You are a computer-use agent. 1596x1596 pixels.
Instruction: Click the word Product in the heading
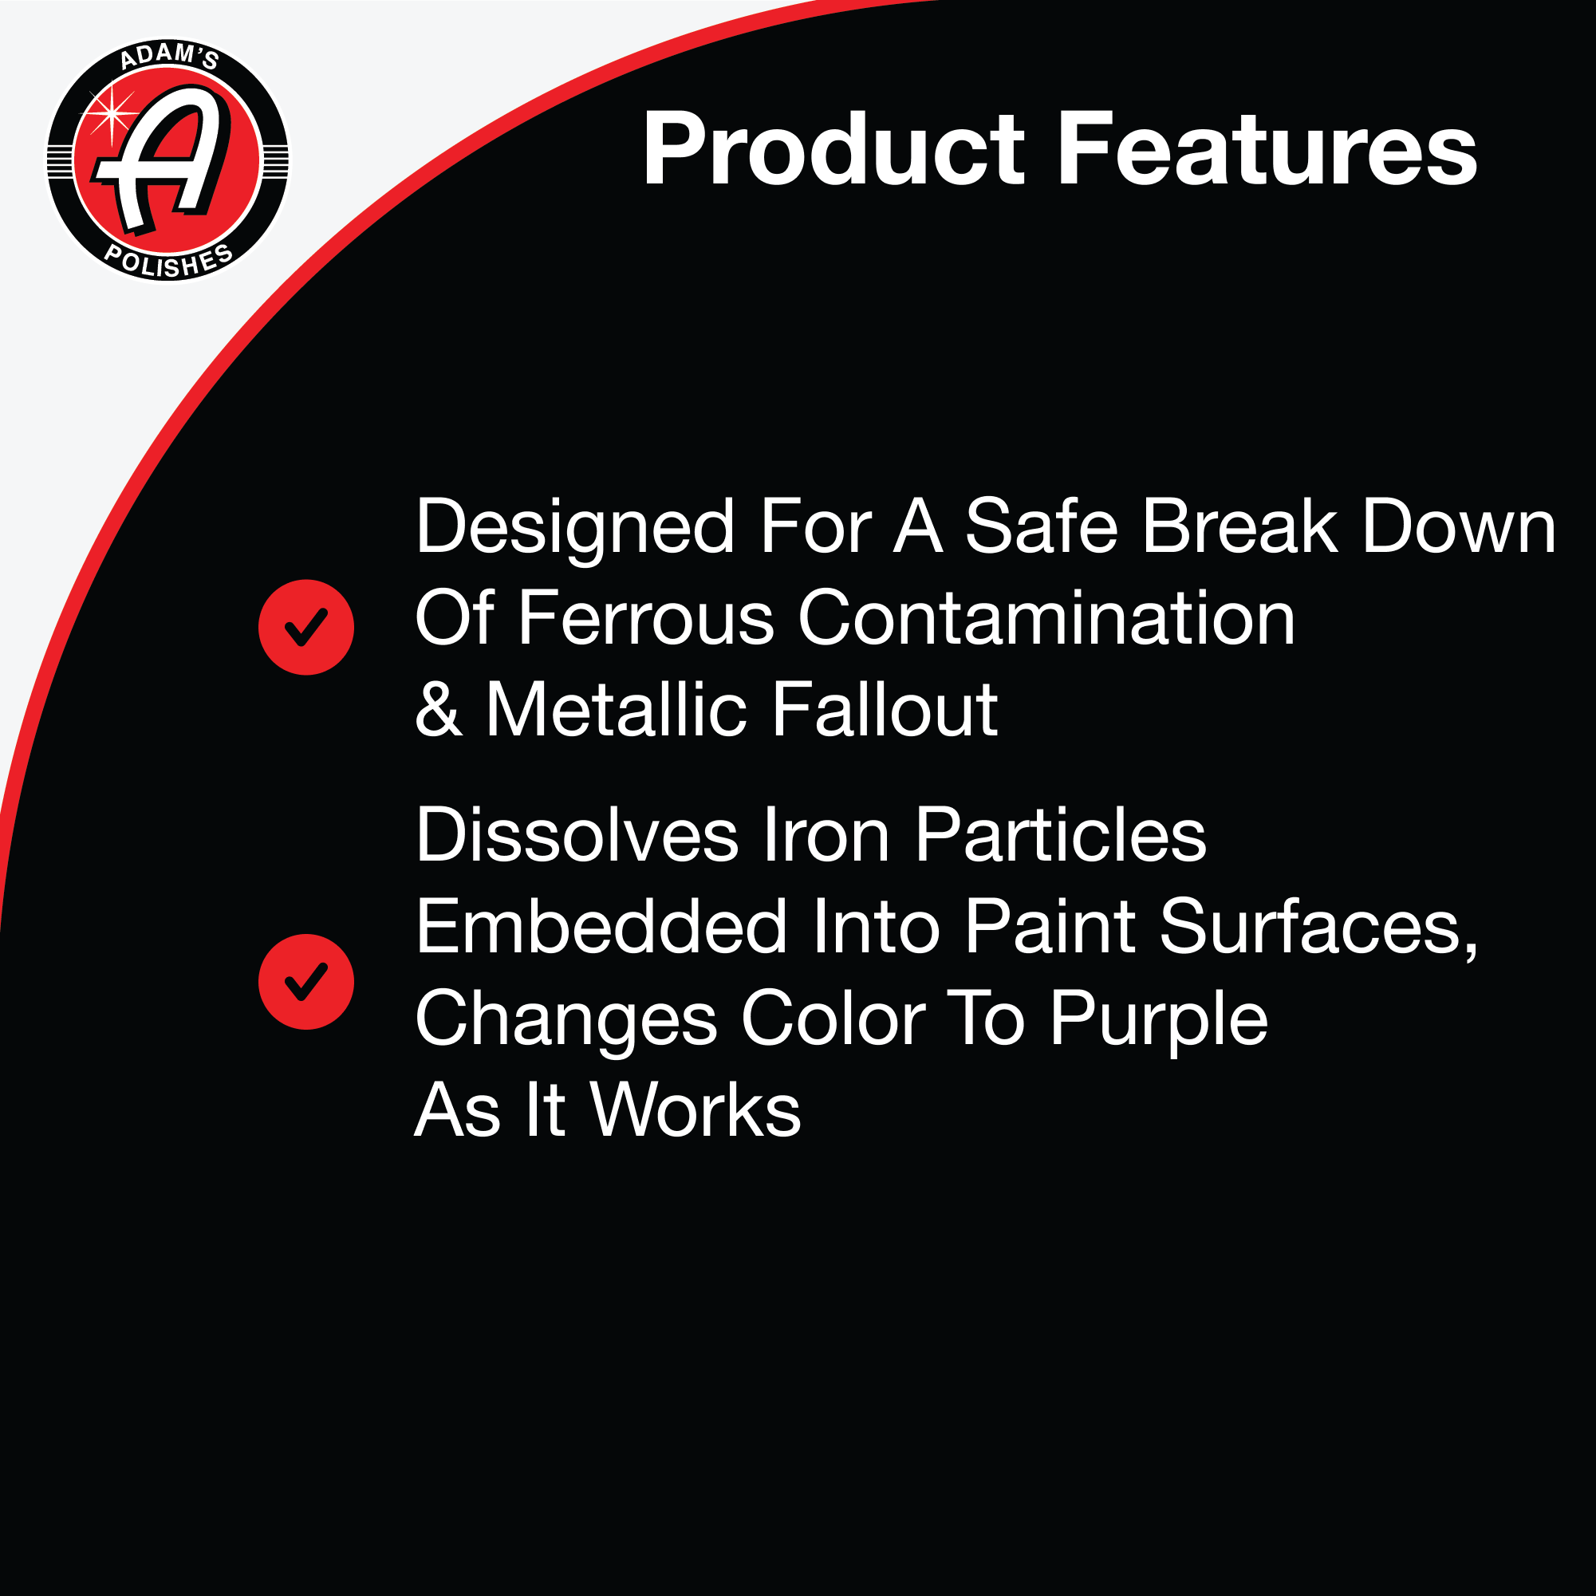833,149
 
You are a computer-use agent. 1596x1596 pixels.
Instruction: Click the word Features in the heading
1267,149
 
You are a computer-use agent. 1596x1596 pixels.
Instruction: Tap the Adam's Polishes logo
167,160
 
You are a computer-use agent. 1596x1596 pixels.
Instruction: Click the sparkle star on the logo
112,113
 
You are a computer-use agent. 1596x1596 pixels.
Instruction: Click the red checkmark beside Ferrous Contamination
306,627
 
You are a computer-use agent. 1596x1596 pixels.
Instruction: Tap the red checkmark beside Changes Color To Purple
306,981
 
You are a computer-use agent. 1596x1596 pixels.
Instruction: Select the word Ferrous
647,618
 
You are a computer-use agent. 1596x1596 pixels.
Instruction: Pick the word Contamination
1046,618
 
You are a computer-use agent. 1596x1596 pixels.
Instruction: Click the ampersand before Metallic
438,709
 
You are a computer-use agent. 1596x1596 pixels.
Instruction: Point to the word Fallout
885,709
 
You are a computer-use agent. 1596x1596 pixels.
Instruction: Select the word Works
696,1110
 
